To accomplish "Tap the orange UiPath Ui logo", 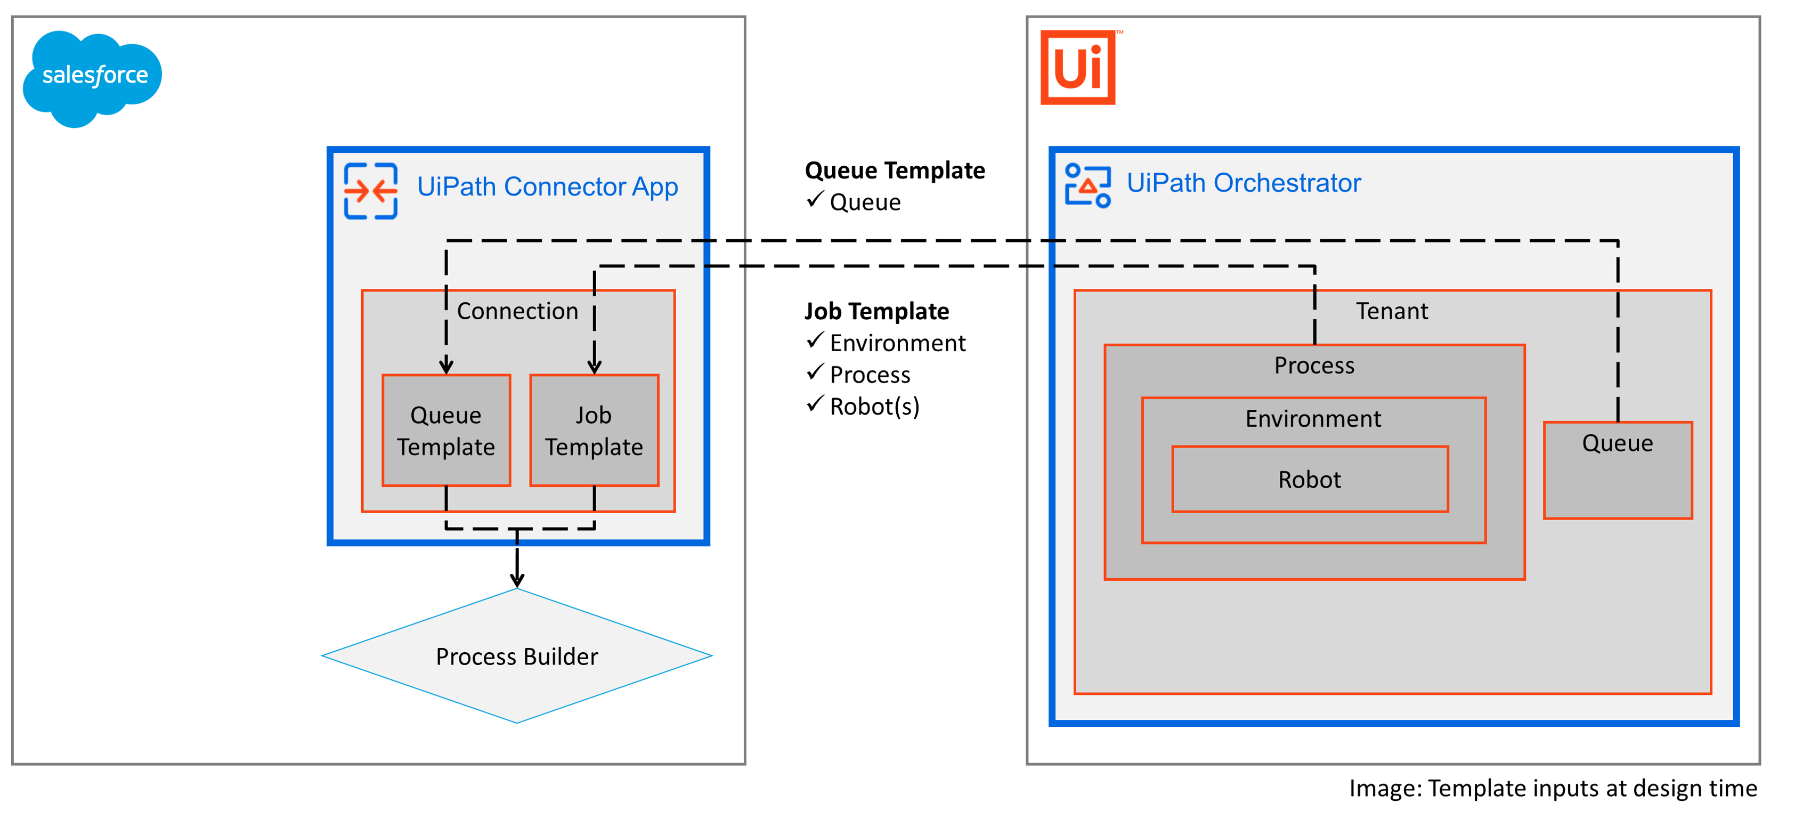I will coord(1077,67).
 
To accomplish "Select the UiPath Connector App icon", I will coord(370,190).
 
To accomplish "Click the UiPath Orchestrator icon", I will coord(1087,185).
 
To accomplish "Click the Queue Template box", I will coord(446,431).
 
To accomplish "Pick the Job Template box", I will coord(594,431).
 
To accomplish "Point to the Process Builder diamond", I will coord(516,656).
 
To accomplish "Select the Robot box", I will coord(1310,480).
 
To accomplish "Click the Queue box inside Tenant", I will coord(1618,469).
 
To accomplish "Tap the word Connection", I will coord(517,311).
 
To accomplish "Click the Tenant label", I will coord(1392,311).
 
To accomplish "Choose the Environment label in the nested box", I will coord(1312,419).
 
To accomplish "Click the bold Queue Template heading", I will coord(895,170).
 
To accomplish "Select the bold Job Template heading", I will coord(876,311).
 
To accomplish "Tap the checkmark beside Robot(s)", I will coord(815,404).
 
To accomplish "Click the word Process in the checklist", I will coord(870,375).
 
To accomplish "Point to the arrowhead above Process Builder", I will coord(516,580).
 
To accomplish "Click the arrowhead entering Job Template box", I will coord(594,367).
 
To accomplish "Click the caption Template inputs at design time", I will coord(1553,788).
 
